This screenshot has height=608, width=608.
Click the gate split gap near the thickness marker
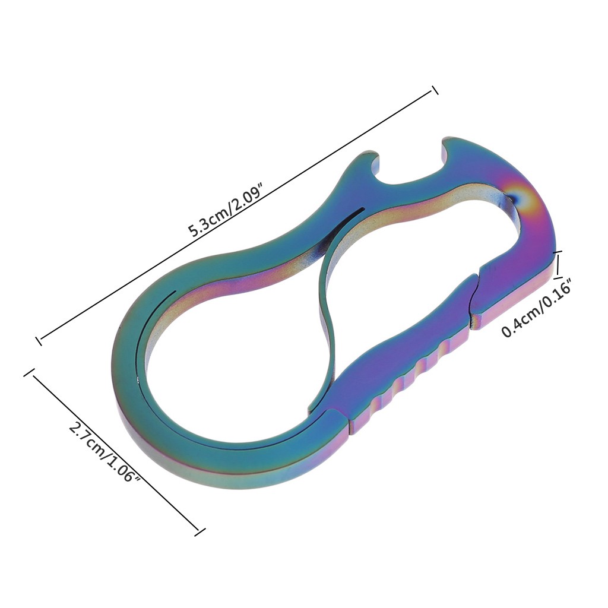474,299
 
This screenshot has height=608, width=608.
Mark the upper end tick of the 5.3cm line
435,90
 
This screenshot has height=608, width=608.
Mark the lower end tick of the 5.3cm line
39,340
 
